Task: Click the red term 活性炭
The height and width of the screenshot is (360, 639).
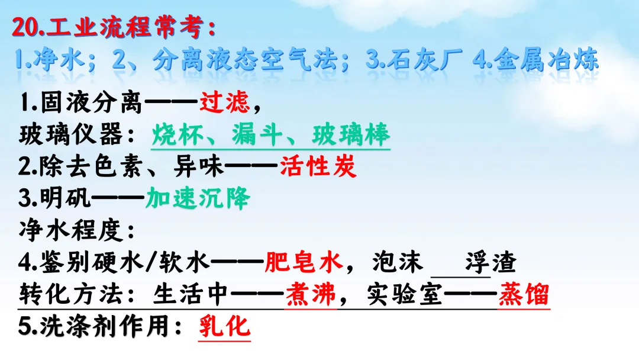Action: pos(318,167)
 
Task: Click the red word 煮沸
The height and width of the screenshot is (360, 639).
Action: pos(311,294)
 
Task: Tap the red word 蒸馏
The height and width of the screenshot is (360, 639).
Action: pos(524,294)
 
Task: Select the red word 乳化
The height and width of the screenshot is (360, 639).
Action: pos(223,326)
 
